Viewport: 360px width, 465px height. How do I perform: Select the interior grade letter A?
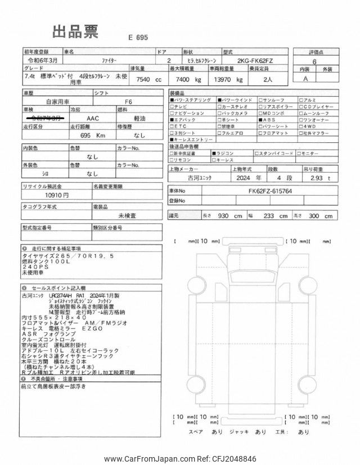(x=305, y=80)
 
